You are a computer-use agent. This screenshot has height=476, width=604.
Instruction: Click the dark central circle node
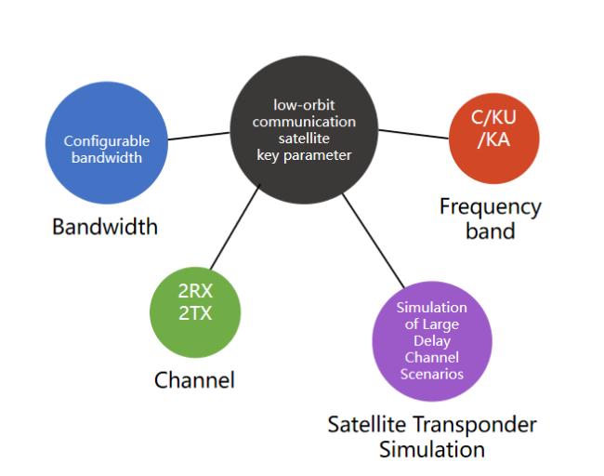(x=304, y=130)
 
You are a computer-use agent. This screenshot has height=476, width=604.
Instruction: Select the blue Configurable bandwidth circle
(x=107, y=142)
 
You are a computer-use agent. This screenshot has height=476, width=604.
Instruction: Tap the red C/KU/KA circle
(x=493, y=139)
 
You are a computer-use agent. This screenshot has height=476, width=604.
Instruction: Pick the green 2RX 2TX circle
(x=195, y=312)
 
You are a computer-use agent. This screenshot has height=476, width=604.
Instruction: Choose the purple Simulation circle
(x=432, y=341)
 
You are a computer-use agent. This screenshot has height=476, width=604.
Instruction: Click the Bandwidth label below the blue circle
(x=105, y=227)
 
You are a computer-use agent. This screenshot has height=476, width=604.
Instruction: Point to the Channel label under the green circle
(x=194, y=380)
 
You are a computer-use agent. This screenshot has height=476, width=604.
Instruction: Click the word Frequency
(x=491, y=208)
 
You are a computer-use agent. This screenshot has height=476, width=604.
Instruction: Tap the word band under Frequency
(x=491, y=231)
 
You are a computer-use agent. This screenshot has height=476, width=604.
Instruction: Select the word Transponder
(x=475, y=426)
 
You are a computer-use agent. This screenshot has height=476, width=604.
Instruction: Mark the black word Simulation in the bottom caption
(x=432, y=449)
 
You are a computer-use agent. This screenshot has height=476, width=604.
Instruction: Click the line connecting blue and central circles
(x=199, y=136)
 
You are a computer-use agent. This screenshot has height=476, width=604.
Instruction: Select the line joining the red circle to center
(x=414, y=134)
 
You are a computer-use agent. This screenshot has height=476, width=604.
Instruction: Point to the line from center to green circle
(x=235, y=227)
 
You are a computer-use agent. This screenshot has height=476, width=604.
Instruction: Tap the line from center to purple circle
(x=374, y=241)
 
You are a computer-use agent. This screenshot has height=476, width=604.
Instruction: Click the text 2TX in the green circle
(x=195, y=313)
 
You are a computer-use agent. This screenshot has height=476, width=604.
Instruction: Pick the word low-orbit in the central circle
(x=304, y=105)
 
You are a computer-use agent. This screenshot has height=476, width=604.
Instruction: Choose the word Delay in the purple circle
(x=432, y=341)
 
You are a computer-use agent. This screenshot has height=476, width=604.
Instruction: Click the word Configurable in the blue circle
(x=107, y=141)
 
